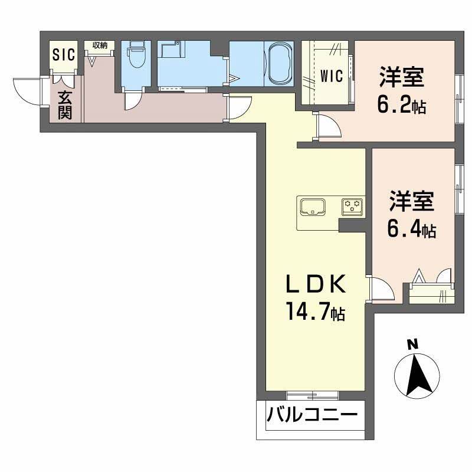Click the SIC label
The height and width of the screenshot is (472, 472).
[64, 55]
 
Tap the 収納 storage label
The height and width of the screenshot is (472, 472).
[99, 45]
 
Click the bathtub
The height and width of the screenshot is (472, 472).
[279, 64]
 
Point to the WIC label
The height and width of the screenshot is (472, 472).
[333, 76]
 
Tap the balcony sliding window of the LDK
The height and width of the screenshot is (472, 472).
[312, 395]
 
